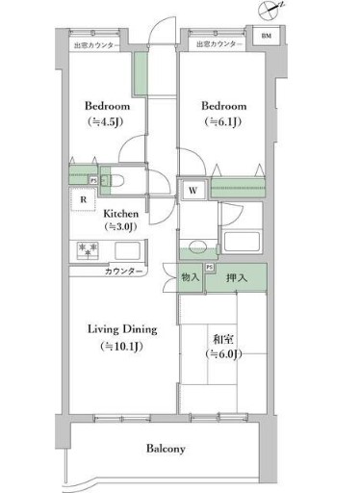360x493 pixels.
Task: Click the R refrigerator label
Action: pyautogui.click(x=84, y=200)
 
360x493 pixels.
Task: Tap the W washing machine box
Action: pyautogui.click(x=193, y=190)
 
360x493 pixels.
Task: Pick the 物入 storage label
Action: pyautogui.click(x=190, y=277)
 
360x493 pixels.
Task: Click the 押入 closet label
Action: pyautogui.click(x=236, y=278)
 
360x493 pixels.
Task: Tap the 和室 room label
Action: pyautogui.click(x=223, y=339)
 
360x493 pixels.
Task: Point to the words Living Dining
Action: pyautogui.click(x=121, y=329)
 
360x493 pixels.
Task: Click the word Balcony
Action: pyautogui.click(x=166, y=449)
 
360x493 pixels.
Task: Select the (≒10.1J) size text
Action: pyautogui.click(x=121, y=347)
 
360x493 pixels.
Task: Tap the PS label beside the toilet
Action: pyautogui.click(x=92, y=179)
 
